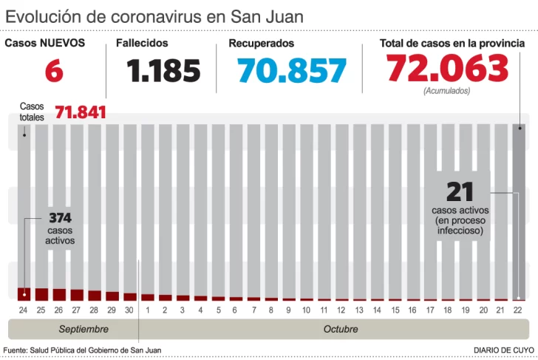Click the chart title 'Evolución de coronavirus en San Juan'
(x=154, y=16)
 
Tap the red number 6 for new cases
(x=53, y=71)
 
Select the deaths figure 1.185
(x=163, y=71)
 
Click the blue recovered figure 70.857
(x=292, y=71)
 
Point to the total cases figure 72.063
(x=448, y=69)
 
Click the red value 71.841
(x=80, y=112)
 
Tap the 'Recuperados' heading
(x=261, y=44)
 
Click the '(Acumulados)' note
(x=447, y=91)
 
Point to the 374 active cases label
(x=60, y=218)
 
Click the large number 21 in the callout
(x=460, y=192)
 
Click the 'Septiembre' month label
(x=84, y=329)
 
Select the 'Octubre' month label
(x=340, y=329)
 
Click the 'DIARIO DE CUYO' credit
(x=504, y=350)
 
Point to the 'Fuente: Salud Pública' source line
(x=82, y=350)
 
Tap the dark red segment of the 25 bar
(x=41, y=294)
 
